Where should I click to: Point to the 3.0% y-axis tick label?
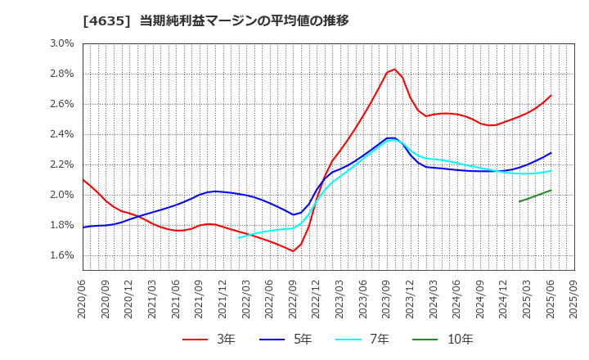point(61,43)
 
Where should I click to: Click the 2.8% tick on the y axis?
point(61,74)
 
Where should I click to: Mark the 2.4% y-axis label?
point(61,134)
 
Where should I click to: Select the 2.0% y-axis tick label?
point(61,195)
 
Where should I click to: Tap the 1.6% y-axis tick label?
point(61,255)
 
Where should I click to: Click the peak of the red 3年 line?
point(394,69)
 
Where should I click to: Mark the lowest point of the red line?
point(293,251)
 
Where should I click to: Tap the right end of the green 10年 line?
point(551,191)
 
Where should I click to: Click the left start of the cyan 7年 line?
point(239,237)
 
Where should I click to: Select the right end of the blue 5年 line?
point(551,152)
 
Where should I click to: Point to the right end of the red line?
point(551,96)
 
